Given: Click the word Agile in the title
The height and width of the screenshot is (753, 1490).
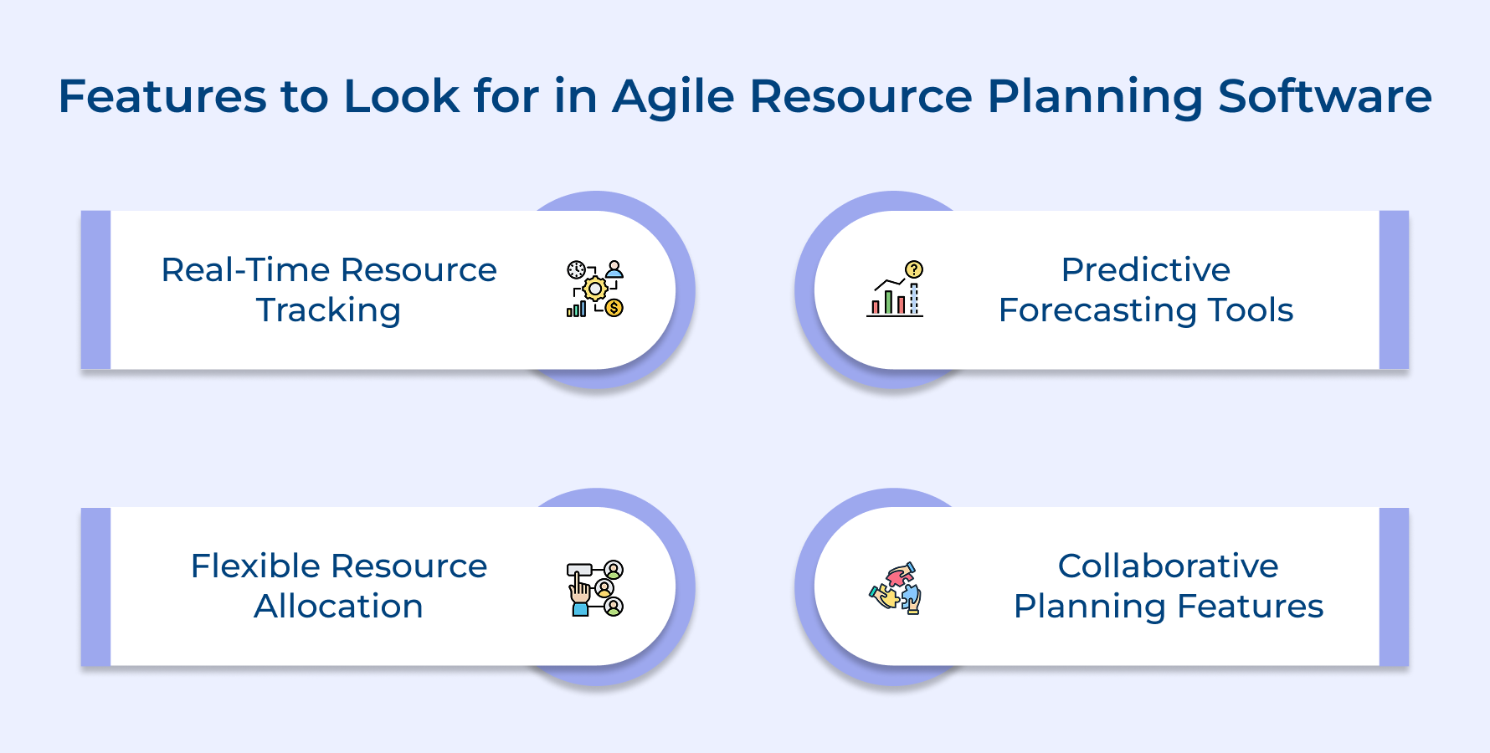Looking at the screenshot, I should (673, 97).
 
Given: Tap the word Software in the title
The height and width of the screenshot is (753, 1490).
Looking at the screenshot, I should (1324, 97).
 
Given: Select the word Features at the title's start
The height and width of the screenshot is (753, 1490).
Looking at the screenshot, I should (161, 97).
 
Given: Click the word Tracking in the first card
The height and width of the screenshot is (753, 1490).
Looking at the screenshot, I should (328, 310).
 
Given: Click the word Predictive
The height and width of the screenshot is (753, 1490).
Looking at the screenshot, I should (1145, 270).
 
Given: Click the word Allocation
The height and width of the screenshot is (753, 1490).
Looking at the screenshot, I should (338, 607).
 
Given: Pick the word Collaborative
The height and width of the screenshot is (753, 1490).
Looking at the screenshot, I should (1168, 566).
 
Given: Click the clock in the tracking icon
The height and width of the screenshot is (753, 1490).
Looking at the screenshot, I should (577, 269).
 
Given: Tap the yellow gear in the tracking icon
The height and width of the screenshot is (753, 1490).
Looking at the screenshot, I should (595, 289).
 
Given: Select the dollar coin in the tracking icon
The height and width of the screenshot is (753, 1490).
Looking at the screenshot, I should (614, 307).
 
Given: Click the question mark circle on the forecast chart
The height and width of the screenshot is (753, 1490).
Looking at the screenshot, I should (914, 269).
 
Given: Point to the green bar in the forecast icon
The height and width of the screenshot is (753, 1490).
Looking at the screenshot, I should (888, 302).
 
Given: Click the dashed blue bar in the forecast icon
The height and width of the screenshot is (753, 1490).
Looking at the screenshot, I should (914, 299).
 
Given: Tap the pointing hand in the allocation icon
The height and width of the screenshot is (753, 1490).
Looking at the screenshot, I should (579, 591).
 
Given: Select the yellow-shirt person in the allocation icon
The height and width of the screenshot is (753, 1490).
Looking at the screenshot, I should (604, 588).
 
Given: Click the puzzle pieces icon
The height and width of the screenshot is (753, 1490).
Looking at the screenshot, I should (896, 587).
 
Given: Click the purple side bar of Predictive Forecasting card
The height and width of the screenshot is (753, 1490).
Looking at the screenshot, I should (1394, 289).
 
